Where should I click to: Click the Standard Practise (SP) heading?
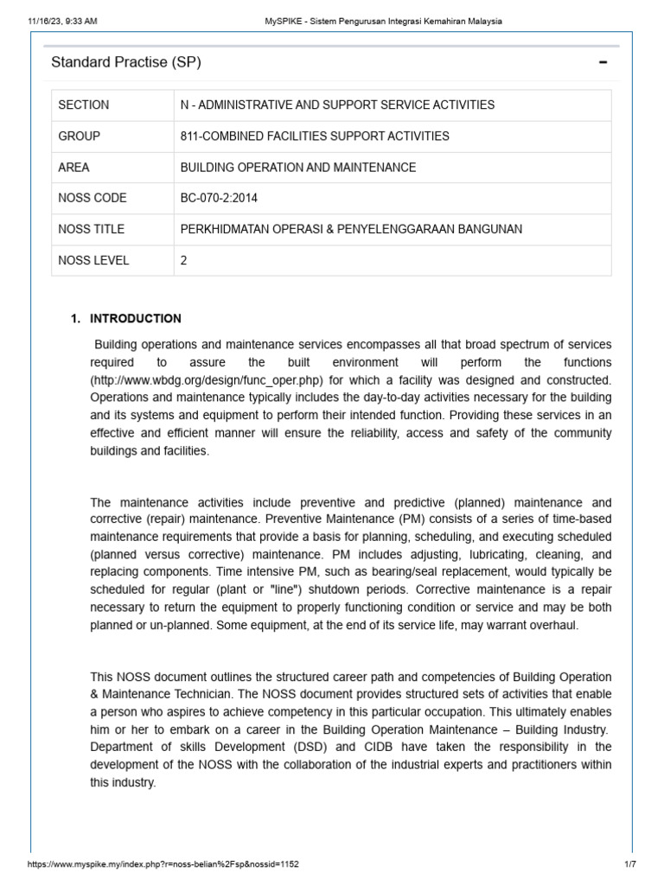(126, 62)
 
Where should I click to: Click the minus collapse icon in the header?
(603, 62)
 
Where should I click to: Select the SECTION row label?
(84, 105)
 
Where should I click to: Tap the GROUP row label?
(80, 136)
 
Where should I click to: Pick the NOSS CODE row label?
(93, 198)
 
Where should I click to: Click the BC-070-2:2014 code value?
(219, 198)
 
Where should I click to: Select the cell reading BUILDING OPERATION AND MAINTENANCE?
(297, 167)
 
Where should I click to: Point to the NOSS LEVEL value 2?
(183, 260)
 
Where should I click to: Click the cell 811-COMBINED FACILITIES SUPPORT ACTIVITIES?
(315, 136)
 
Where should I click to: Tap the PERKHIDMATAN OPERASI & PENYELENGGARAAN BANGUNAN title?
(351, 229)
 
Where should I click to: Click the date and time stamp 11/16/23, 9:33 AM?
(60, 21)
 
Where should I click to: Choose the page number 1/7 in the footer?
(629, 863)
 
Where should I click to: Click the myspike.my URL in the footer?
(164, 863)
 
